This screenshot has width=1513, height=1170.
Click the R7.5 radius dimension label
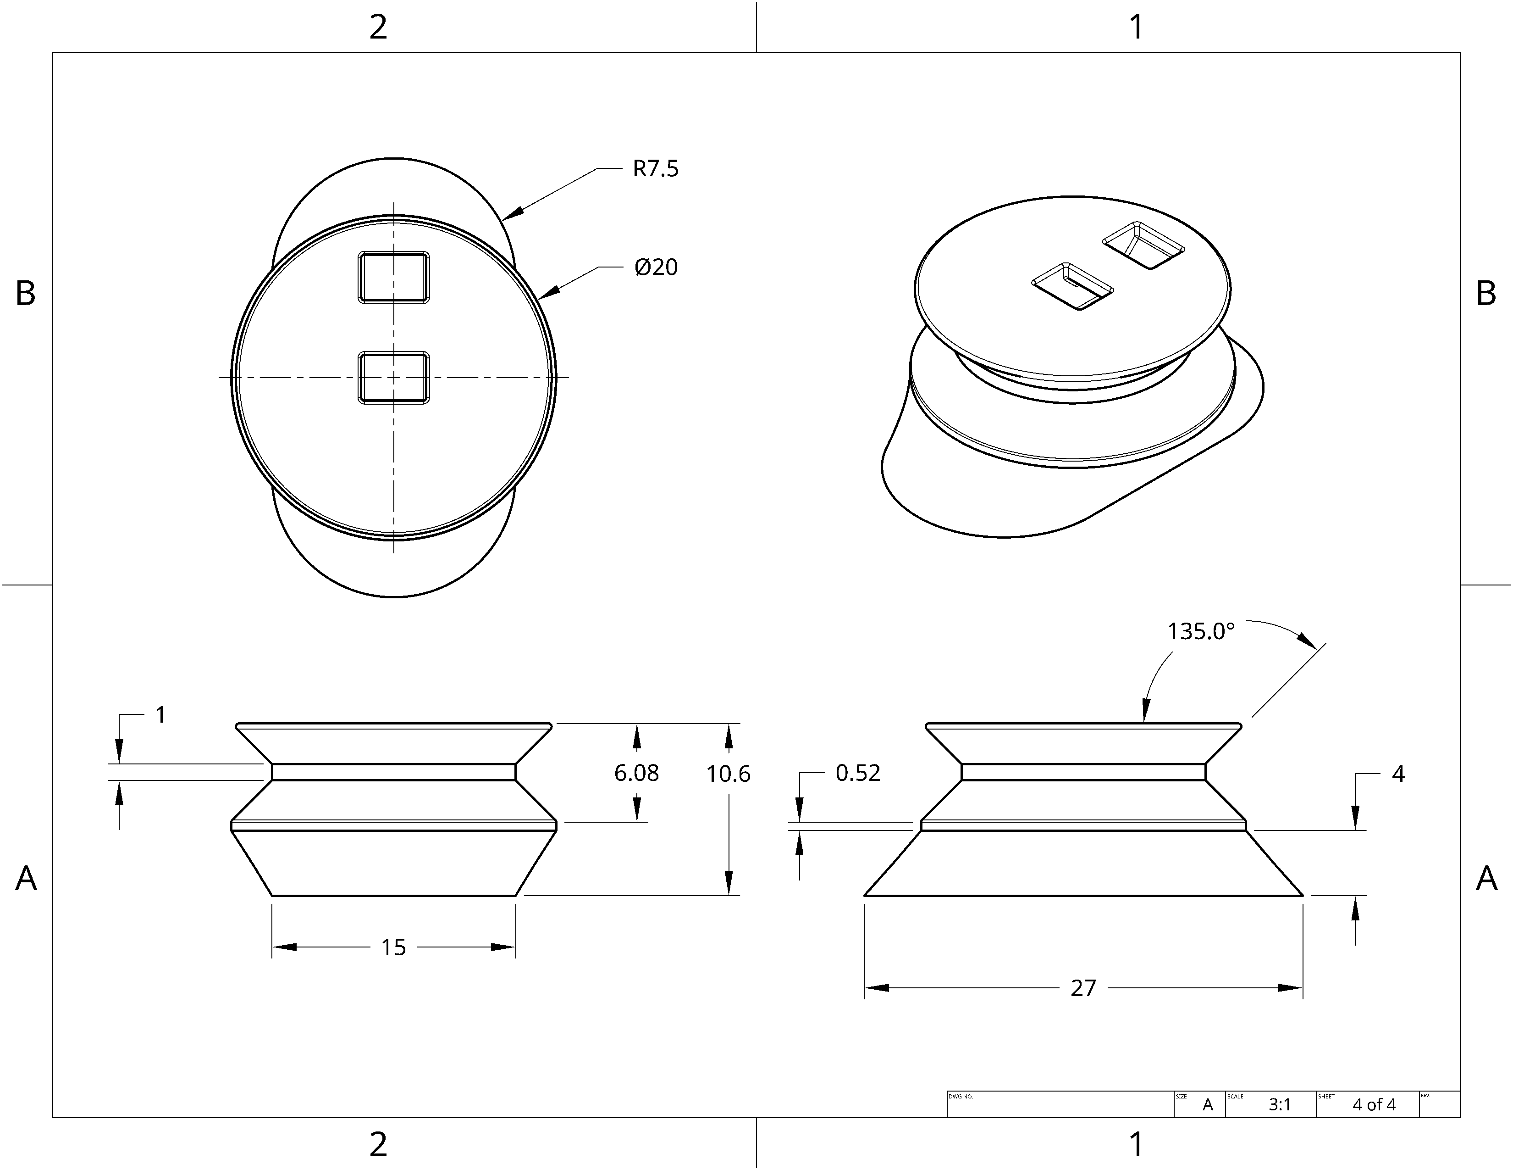(x=655, y=168)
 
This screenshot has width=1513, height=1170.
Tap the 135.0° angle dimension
(x=1201, y=631)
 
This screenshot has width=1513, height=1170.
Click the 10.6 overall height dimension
(x=728, y=774)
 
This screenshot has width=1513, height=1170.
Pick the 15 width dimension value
(x=393, y=947)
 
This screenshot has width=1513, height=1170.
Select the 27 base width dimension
(x=1083, y=988)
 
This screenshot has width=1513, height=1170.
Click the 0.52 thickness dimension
(x=858, y=773)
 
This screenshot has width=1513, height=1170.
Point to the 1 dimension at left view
(x=161, y=714)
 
